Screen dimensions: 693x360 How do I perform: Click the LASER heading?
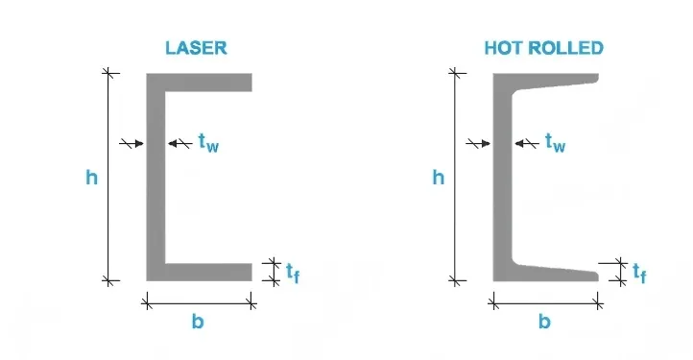[198, 48]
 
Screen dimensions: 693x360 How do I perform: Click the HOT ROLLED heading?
[544, 48]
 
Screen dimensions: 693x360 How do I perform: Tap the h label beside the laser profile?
[91, 178]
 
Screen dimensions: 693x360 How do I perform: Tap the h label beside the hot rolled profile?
[439, 178]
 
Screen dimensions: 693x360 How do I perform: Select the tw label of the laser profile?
[207, 142]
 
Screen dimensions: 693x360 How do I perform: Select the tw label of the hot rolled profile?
[555, 142]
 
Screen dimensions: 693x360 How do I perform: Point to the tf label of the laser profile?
[292, 273]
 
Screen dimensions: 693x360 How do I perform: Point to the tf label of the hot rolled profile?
[638, 273]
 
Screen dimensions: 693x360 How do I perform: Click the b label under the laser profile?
[198, 323]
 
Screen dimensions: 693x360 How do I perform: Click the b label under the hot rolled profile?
[544, 323]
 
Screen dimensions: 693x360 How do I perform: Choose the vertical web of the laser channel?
[155, 178]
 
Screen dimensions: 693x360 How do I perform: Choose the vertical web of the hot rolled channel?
[502, 178]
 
